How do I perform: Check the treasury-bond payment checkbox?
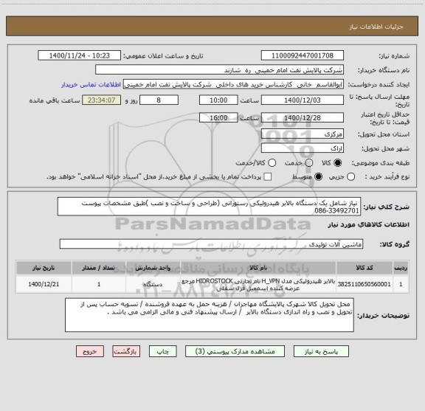[268, 177]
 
